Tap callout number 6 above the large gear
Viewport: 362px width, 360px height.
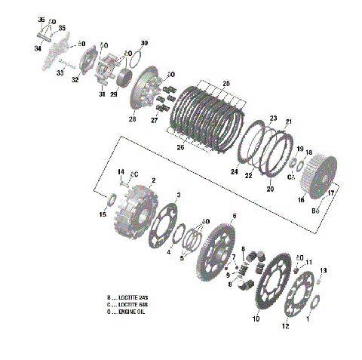[x=235, y=216]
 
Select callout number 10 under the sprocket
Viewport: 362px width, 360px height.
[x=256, y=319]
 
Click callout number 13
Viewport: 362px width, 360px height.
[x=324, y=270]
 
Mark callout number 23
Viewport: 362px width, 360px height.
[x=273, y=119]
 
